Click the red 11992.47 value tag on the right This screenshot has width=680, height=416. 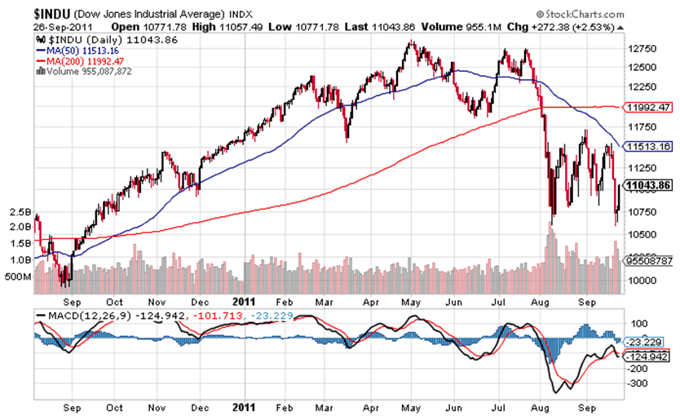[x=646, y=107]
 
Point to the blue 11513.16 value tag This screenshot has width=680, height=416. [x=646, y=147]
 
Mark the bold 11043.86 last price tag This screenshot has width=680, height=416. [x=646, y=186]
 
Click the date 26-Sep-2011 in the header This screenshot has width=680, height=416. [x=62, y=28]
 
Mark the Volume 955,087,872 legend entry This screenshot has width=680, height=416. [x=86, y=71]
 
